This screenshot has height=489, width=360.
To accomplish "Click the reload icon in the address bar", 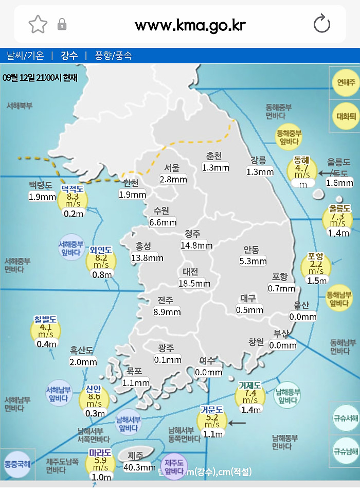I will tap(322, 24).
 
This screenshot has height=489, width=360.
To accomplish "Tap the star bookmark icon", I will tap(38, 24).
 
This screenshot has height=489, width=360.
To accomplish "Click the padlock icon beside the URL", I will tap(62, 24).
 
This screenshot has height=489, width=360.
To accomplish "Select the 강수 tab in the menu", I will tap(69, 56).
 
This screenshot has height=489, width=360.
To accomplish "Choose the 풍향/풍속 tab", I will tap(113, 56).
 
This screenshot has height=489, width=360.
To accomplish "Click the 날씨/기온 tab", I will tap(25, 56).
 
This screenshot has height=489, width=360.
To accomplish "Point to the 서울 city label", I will tap(172, 167).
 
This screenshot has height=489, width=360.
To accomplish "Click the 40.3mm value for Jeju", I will tap(139, 467).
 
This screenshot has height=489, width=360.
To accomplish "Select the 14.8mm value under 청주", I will tap(196, 246).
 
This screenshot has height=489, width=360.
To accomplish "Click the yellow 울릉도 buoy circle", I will tap(338, 219).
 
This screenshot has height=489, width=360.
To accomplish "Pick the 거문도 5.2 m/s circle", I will tap(212, 420).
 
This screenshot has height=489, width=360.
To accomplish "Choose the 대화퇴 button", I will tap(346, 116).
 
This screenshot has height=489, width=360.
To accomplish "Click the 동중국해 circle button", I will tap(17, 464).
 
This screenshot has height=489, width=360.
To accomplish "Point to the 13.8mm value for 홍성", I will tap(147, 257).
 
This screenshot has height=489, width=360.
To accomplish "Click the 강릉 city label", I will tap(259, 160).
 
